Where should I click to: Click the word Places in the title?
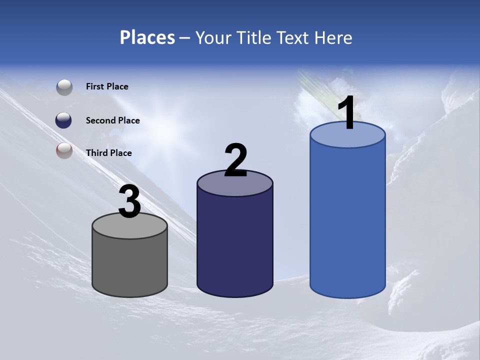coord(147,37)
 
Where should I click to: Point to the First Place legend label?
coord(107,86)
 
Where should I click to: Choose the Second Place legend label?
coord(112,120)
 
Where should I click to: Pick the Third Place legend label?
coord(108,153)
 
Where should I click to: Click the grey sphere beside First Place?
coord(64,87)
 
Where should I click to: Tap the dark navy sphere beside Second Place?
coord(64,120)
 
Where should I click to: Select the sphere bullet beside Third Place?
coord(64,150)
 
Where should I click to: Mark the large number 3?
coord(129,202)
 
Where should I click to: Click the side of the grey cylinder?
coord(130,265)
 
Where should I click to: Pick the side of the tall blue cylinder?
coord(347,220)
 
